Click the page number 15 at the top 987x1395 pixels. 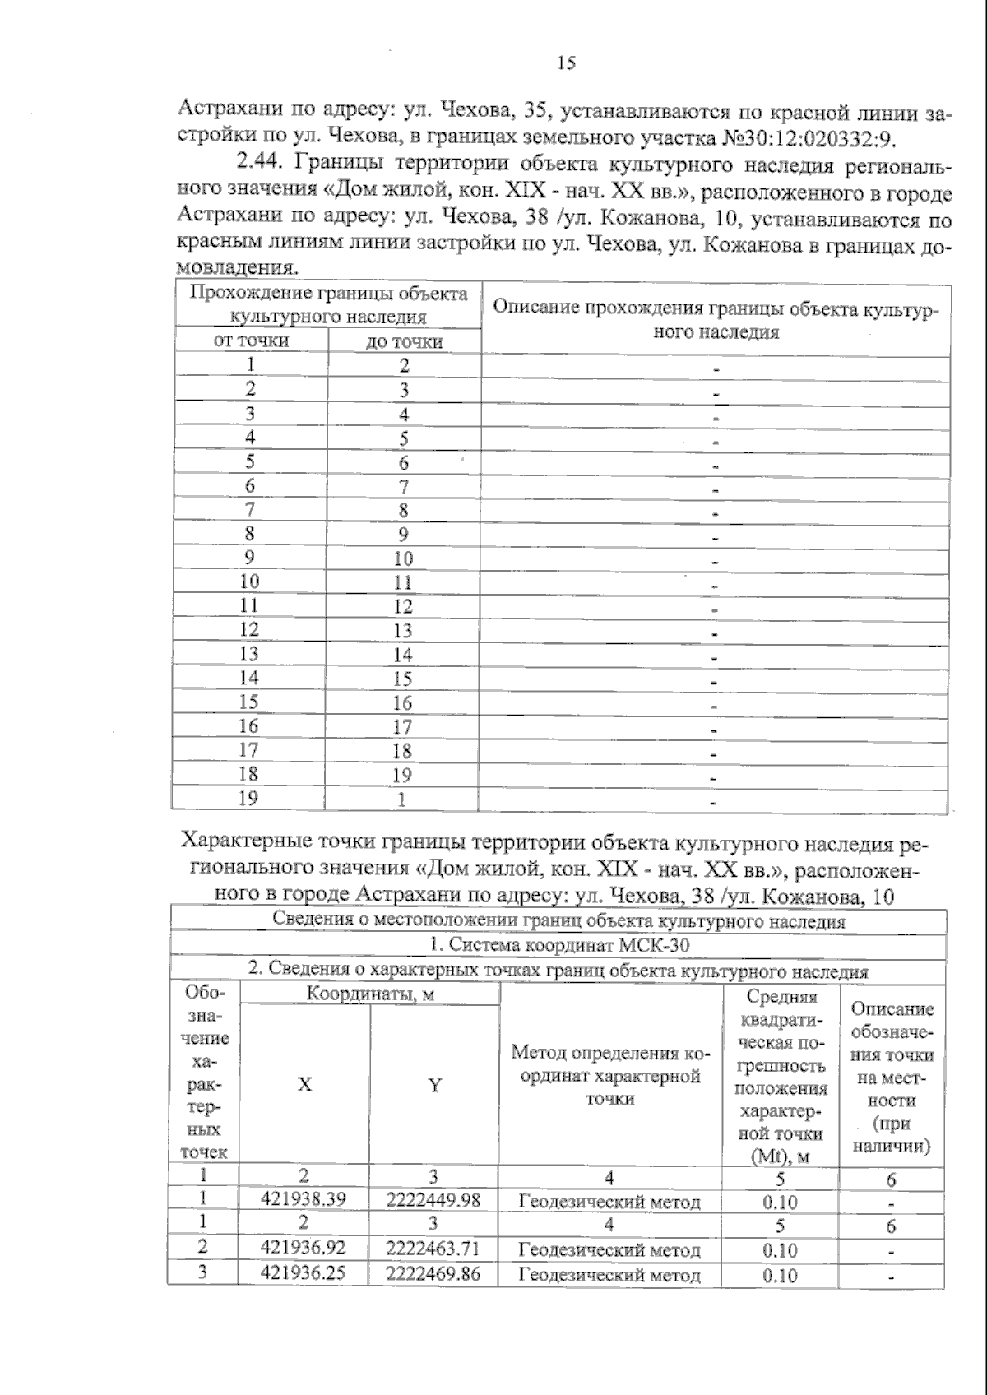coord(566,63)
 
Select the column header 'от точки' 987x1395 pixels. coord(251,341)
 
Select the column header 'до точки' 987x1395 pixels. coord(404,341)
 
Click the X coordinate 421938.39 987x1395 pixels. coord(303,1199)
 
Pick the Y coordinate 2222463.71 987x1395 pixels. coord(433,1249)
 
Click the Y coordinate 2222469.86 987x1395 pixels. coord(433,1274)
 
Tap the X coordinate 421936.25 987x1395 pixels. coord(303,1273)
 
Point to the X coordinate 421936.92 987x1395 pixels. coord(303,1249)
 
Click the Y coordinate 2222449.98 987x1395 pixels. coord(433,1200)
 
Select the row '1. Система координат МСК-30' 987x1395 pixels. coord(559,946)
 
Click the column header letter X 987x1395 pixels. coord(304,1085)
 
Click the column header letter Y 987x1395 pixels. coord(434,1085)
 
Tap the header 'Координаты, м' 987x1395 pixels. coord(370,994)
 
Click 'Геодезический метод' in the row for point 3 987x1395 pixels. coord(609,1276)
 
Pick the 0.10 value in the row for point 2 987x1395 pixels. coord(780,1250)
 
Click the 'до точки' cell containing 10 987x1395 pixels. coord(403,558)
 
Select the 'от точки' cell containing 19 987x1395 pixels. coord(248,798)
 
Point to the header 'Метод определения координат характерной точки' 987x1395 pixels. coord(609,1075)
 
